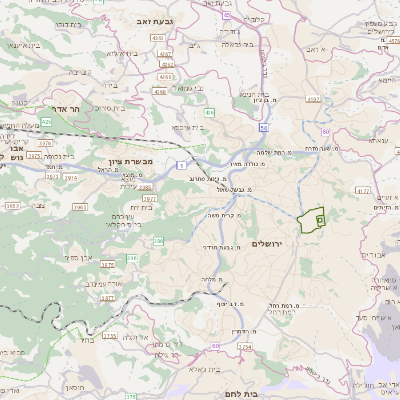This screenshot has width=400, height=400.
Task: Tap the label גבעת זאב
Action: (158, 19)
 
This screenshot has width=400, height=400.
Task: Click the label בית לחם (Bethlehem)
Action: (265, 393)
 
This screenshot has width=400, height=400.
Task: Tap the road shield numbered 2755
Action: (109, 337)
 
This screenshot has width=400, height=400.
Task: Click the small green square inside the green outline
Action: (319, 217)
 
